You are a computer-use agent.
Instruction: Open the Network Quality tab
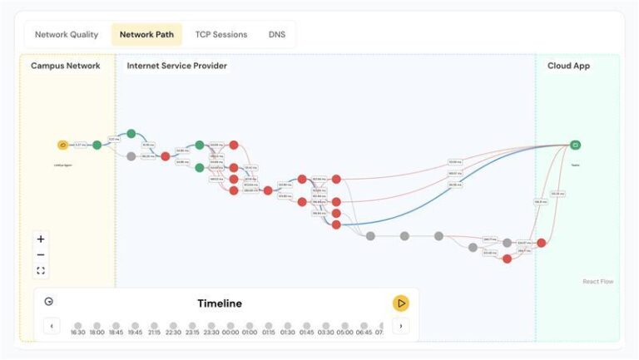67,35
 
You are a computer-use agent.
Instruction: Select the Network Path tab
146,35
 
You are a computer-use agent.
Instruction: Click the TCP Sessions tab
221,35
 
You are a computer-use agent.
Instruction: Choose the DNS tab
277,35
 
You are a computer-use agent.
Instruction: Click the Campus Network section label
66,66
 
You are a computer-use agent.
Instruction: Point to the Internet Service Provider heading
176,66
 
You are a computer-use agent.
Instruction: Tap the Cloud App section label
569,66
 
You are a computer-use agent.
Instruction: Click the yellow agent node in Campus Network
62,145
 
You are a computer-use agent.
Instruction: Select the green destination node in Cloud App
575,145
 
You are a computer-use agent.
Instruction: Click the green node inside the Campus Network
97,145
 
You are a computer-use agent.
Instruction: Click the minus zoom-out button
41,254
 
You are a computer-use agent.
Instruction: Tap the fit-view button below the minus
41,270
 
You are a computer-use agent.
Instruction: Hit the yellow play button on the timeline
401,303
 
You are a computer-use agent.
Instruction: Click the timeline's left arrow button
52,326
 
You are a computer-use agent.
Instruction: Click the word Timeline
220,303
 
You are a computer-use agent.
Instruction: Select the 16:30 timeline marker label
78,333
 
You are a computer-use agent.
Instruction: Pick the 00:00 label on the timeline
230,333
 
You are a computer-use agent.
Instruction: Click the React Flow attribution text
598,282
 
